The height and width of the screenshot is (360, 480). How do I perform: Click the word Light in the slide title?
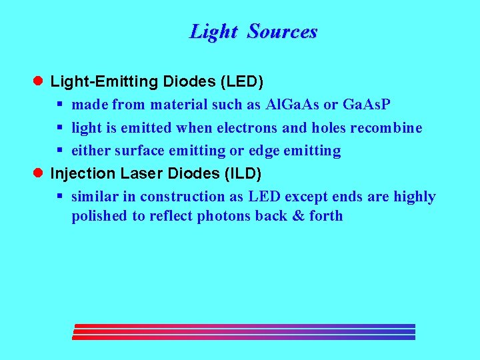[213, 31]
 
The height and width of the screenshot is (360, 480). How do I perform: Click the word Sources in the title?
[282, 31]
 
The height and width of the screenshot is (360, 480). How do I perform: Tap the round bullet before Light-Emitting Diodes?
[39, 81]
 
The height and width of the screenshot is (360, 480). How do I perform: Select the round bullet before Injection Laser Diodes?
[39, 173]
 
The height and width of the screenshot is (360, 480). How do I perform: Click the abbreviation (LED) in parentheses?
[241, 82]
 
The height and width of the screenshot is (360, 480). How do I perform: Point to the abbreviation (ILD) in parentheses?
[241, 174]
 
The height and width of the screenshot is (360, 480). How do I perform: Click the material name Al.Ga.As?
[292, 105]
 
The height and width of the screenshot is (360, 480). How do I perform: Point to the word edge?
[264, 151]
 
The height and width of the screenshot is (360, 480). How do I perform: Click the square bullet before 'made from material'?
[59, 105]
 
